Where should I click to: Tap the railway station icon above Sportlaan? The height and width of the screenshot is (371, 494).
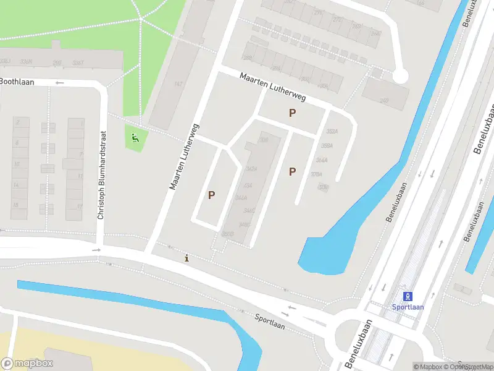pyautogui.click(x=408, y=296)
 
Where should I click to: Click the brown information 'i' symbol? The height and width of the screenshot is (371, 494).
pyautogui.click(x=187, y=258)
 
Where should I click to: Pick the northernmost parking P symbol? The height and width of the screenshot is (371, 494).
pyautogui.click(x=292, y=113)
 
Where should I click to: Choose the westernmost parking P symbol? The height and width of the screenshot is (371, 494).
pyautogui.click(x=211, y=195)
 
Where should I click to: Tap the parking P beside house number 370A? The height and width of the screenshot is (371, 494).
pyautogui.click(x=292, y=171)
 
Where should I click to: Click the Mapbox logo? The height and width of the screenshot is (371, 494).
pyautogui.click(x=27, y=364)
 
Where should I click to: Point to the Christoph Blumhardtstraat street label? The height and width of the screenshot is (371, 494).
pyautogui.click(x=103, y=174)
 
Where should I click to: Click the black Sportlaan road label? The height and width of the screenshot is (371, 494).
pyautogui.click(x=270, y=321)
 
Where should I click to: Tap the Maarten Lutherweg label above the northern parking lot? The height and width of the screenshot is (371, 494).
pyautogui.click(x=274, y=88)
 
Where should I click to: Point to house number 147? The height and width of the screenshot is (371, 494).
pyautogui.click(x=178, y=84)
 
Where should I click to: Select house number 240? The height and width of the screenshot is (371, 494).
pyautogui.click(x=384, y=101)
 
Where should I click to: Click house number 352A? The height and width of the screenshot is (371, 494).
pyautogui.click(x=332, y=131)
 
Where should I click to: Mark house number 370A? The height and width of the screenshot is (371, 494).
pyautogui.click(x=317, y=174)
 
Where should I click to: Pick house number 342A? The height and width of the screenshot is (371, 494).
pyautogui.click(x=251, y=169)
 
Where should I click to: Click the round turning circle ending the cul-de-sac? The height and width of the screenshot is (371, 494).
pyautogui.click(x=401, y=76)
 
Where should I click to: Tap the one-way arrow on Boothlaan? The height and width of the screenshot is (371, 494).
pyautogui.click(x=60, y=82)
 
